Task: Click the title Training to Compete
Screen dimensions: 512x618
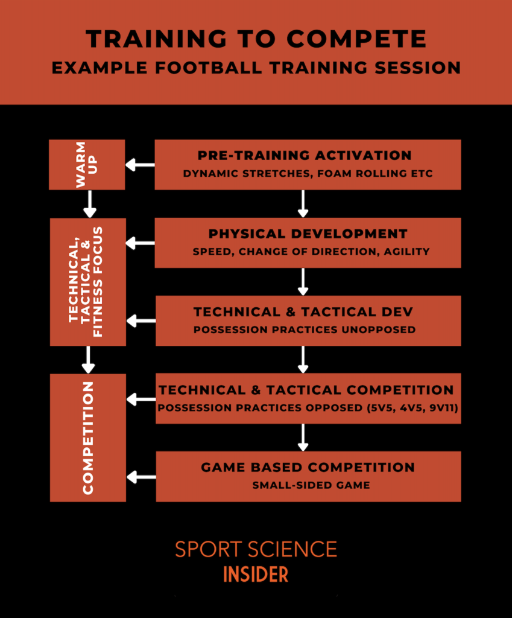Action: [256, 39]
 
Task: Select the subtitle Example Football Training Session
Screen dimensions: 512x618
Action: [256, 68]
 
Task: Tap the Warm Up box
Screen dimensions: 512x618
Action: [87, 164]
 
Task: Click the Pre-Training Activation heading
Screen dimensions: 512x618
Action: [305, 155]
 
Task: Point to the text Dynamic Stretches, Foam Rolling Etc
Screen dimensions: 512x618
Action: [308, 173]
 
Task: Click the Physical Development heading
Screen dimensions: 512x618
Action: [308, 234]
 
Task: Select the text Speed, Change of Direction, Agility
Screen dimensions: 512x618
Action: [311, 252]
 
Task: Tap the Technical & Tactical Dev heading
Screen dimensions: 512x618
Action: [303, 312]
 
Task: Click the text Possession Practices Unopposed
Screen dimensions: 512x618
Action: [305, 330]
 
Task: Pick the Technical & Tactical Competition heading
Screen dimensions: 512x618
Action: [306, 390]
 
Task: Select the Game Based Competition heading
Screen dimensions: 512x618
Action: [308, 467]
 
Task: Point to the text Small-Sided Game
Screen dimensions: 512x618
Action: [311, 485]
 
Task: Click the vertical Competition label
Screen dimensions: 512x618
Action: [88, 438]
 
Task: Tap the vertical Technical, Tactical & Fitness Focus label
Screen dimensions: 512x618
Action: [86, 281]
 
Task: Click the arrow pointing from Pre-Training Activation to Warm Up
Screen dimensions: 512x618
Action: [140, 165]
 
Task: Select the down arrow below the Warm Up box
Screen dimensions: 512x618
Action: [90, 204]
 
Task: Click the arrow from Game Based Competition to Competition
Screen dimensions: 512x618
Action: [141, 477]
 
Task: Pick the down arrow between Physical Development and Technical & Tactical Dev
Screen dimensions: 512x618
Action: [303, 282]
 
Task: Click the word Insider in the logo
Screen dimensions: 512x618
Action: [256, 575]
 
